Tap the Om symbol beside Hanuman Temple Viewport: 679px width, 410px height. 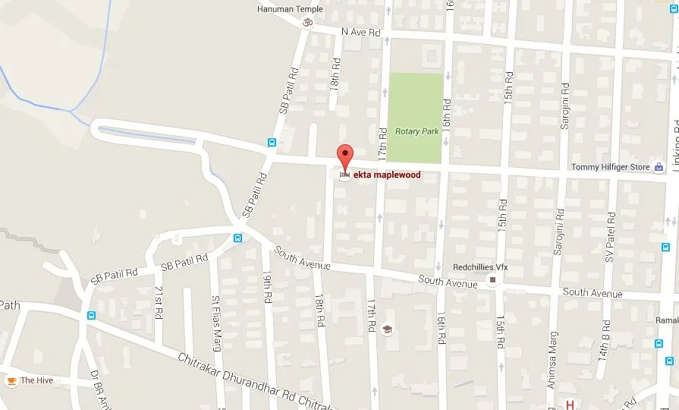307,21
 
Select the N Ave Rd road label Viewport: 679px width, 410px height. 360,33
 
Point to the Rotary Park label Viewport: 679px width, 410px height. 417,131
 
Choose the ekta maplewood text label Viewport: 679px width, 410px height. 387,175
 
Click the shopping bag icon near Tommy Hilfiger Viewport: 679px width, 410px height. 659,167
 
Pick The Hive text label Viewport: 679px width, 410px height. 36,380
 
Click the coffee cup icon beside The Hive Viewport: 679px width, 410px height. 11,380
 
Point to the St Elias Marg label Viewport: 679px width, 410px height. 216,318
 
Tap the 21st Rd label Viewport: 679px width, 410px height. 159,302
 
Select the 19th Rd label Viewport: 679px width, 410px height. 267,289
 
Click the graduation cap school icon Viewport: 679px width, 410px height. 388,330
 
